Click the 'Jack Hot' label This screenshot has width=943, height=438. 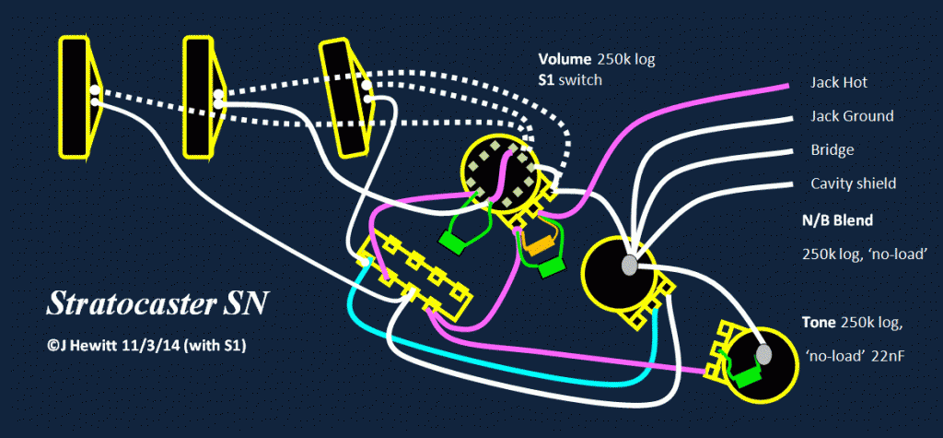pyautogui.click(x=839, y=82)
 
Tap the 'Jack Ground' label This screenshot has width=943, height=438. pyautogui.click(x=851, y=116)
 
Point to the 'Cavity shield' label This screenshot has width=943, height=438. pyautogui.click(x=853, y=183)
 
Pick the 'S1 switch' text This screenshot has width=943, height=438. pyautogui.click(x=570, y=80)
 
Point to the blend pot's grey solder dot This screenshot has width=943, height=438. pyautogui.click(x=629, y=265)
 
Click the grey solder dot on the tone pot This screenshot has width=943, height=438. pyautogui.click(x=764, y=354)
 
